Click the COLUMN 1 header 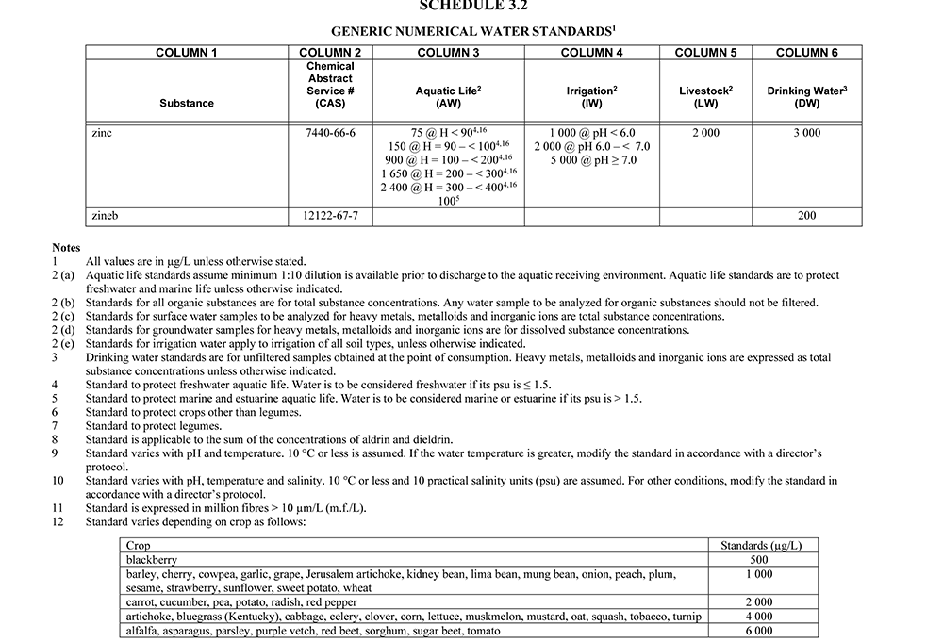[186, 53]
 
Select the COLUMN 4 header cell [591, 53]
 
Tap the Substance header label [186, 103]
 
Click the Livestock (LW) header [705, 96]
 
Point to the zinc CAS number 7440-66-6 [330, 133]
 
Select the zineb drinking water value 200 [806, 216]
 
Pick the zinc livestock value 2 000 [705, 133]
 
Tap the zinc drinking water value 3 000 [806, 133]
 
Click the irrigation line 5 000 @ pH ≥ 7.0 [593, 160]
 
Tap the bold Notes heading [66, 248]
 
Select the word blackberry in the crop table [152, 559]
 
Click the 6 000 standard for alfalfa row [758, 631]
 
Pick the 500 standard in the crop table [758, 559]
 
